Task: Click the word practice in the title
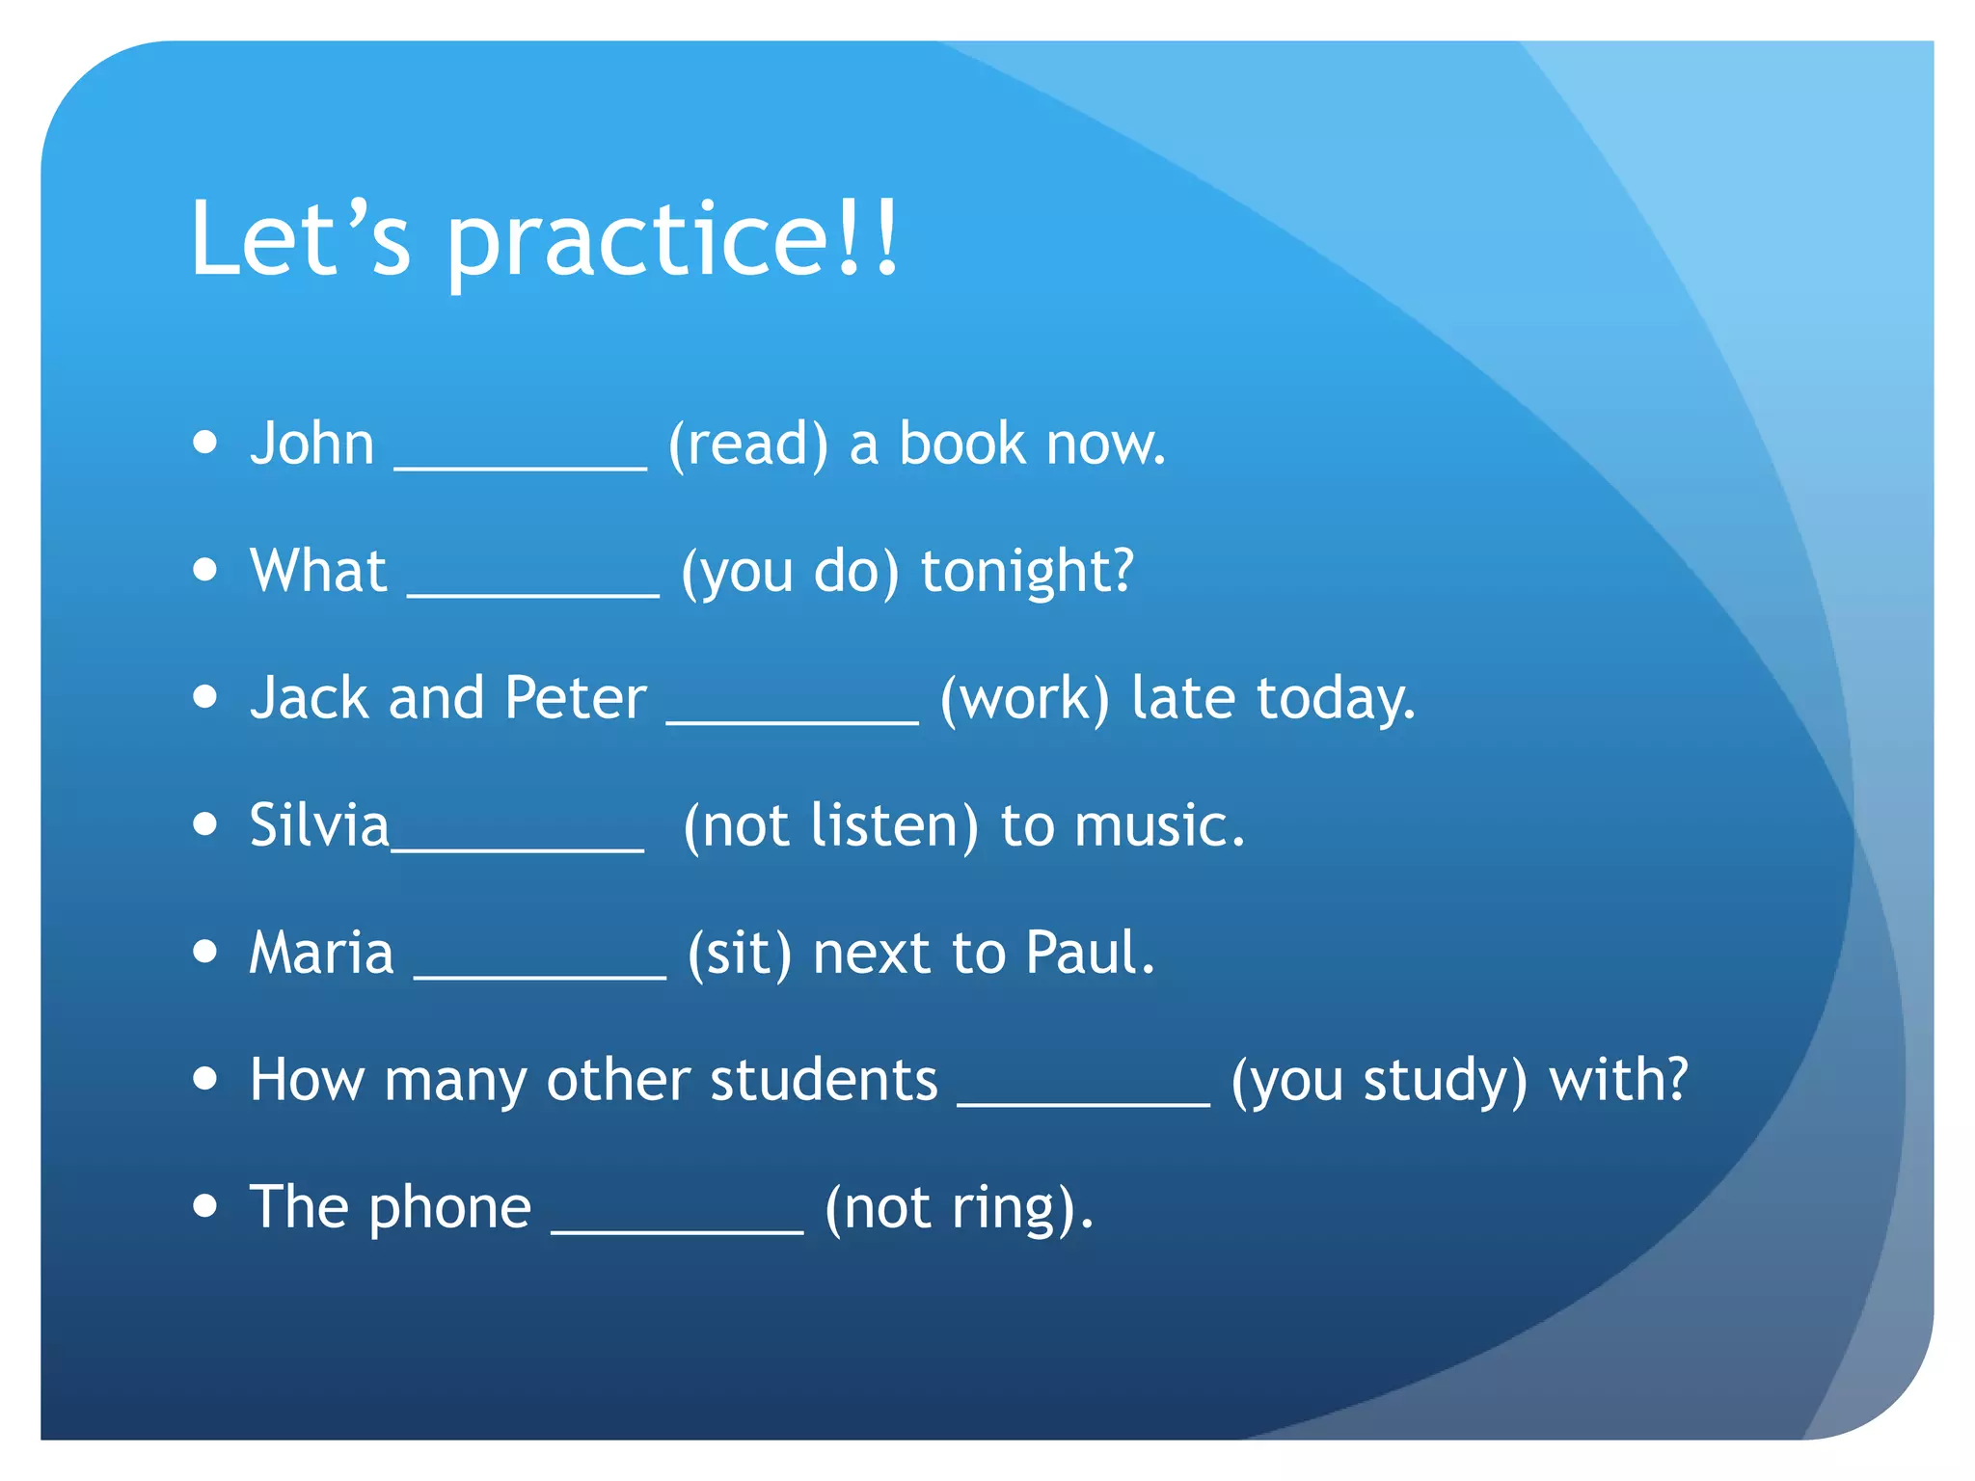[x=636, y=241]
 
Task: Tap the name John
[x=311, y=444]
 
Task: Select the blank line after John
[x=521, y=466]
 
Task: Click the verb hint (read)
[x=748, y=444]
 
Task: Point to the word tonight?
[x=1027, y=572]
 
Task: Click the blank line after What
[x=533, y=593]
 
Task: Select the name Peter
[x=576, y=698]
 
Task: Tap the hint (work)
[x=1024, y=698]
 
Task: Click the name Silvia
[x=318, y=825]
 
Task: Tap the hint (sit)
[x=740, y=954]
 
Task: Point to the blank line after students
[x=1083, y=1103]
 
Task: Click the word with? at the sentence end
[x=1618, y=1080]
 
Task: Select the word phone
[x=449, y=1208]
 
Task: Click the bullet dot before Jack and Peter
[x=204, y=696]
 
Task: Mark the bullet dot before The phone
[x=204, y=1205]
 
